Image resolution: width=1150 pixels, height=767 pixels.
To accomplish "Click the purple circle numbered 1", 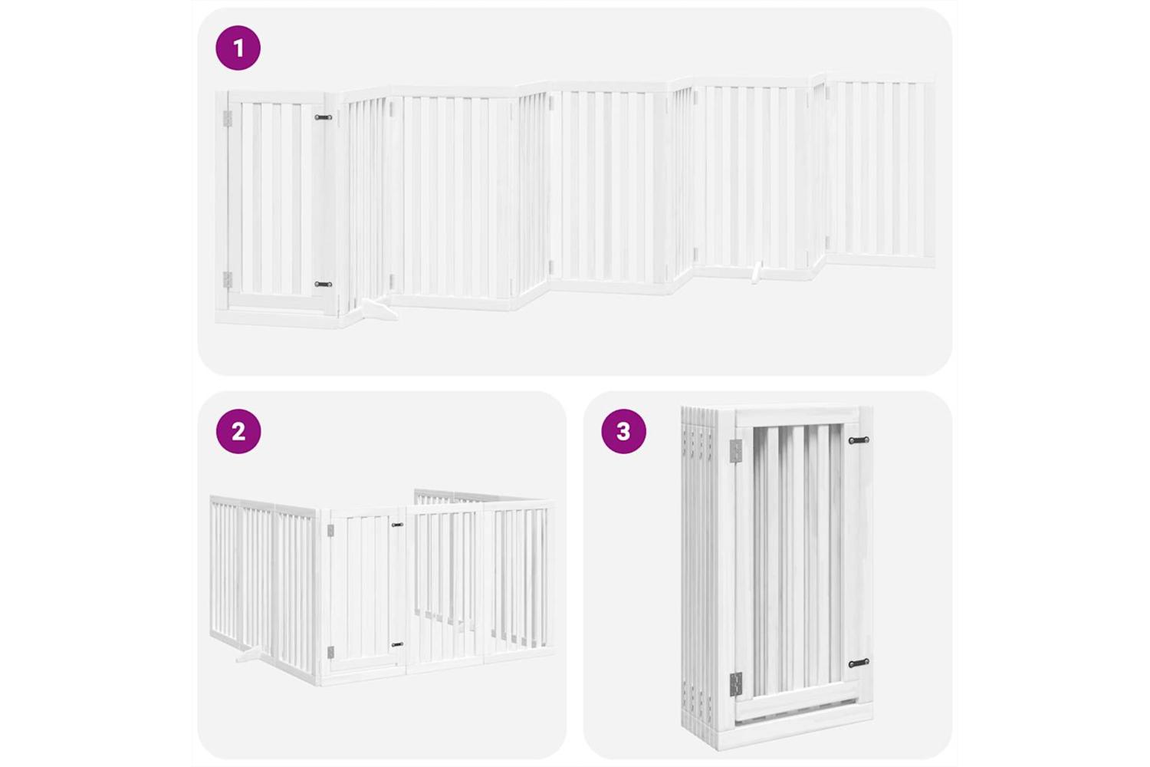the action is coord(238,48).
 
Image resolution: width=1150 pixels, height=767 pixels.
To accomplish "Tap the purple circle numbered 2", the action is coord(238,431).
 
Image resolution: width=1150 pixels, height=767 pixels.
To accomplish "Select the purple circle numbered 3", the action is coord(623,431).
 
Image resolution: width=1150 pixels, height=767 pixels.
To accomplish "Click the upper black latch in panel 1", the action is coord(324,117).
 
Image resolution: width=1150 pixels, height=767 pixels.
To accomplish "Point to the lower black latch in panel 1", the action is coord(324,284).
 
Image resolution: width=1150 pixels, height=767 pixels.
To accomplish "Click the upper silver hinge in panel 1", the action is coord(227,119).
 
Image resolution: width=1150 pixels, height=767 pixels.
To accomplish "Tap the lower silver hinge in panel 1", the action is coord(227,280).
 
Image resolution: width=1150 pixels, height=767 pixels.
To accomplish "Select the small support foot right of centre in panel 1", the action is coord(756,272).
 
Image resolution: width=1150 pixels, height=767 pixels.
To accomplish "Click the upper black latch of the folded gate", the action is coord(859,440).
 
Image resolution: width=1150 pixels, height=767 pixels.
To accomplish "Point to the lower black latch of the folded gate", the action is coord(859,663).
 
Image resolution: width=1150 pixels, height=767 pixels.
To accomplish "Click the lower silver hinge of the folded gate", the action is coord(736,684).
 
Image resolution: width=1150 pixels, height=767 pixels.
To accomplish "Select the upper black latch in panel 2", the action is coord(397,525).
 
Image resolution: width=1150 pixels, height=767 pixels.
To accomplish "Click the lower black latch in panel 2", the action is coord(397,644).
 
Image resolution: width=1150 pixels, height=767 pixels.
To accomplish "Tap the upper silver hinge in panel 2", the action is coord(330,531).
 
